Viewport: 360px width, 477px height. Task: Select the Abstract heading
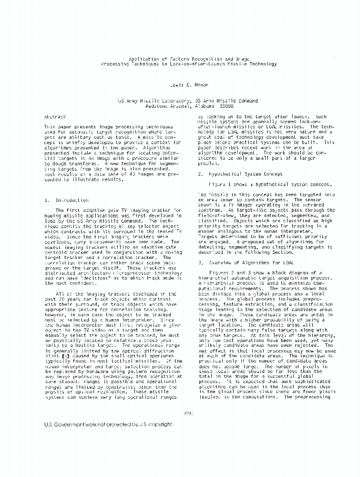pyautogui.click(x=68, y=117)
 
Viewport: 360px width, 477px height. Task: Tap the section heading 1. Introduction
pyautogui.click(x=72, y=200)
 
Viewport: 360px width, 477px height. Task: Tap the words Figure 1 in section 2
pyautogui.click(x=223, y=183)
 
